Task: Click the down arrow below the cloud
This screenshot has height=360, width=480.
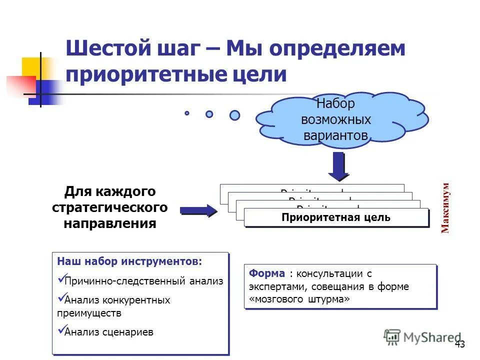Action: coord(338,166)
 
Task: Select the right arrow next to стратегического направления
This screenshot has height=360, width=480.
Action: coord(198,210)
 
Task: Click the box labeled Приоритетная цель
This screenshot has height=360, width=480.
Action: coord(336,217)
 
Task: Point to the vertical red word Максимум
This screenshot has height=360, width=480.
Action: coord(445,207)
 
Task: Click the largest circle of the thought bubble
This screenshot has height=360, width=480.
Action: coord(234,115)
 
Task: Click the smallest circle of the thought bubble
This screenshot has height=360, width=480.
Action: coord(187,113)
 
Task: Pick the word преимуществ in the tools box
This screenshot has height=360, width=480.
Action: coord(89,313)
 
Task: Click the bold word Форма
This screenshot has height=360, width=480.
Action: coord(267,273)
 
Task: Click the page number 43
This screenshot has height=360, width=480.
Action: coord(460,344)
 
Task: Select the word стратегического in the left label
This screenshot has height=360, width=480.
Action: coord(109,207)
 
